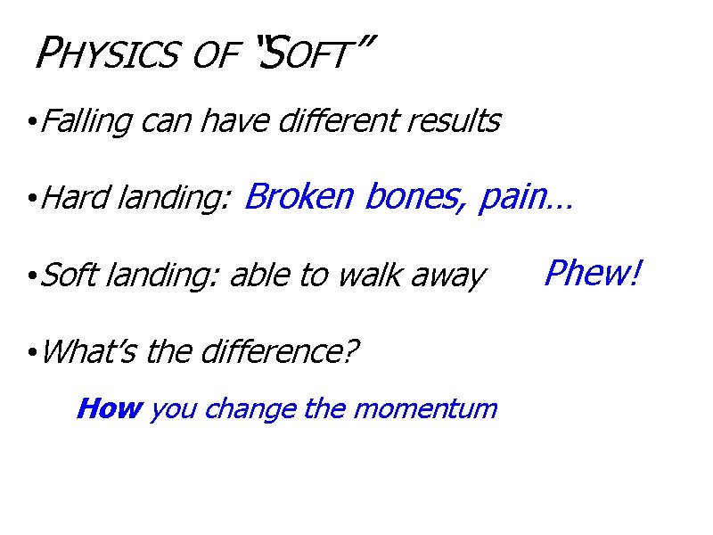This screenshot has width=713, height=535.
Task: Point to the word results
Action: tap(455, 120)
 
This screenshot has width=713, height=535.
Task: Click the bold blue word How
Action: tap(110, 408)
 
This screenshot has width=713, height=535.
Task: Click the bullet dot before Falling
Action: tap(31, 122)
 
